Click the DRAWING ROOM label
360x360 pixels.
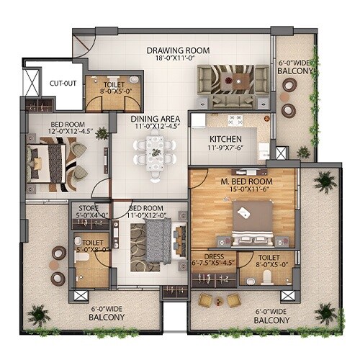pyautogui.click(x=177, y=50)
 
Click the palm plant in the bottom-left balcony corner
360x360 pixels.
pyautogui.click(x=37, y=314)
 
